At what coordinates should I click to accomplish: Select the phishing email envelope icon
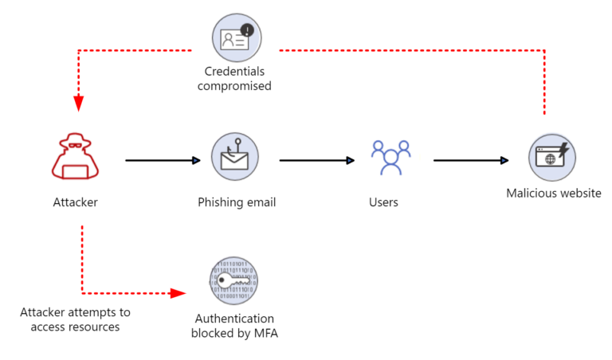(x=235, y=157)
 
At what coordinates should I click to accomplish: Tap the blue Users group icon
(x=390, y=157)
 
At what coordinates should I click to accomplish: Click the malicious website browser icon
(x=552, y=157)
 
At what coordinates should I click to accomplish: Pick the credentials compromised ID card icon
(x=237, y=37)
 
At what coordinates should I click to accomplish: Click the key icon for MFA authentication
(x=234, y=281)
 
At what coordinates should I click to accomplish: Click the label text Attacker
(x=75, y=202)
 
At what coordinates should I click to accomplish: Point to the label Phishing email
(x=237, y=202)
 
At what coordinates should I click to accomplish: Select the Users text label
(x=383, y=202)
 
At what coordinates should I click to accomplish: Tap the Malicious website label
(x=553, y=194)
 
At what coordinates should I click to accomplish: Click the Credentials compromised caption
(x=234, y=78)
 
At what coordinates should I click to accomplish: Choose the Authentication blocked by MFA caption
(x=234, y=326)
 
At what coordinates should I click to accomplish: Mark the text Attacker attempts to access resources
(x=75, y=319)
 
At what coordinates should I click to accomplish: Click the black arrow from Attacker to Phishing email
(x=163, y=160)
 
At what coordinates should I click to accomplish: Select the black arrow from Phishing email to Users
(x=317, y=160)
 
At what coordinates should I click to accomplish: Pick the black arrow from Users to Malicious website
(x=471, y=160)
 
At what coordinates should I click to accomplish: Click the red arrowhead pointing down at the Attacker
(x=79, y=104)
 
